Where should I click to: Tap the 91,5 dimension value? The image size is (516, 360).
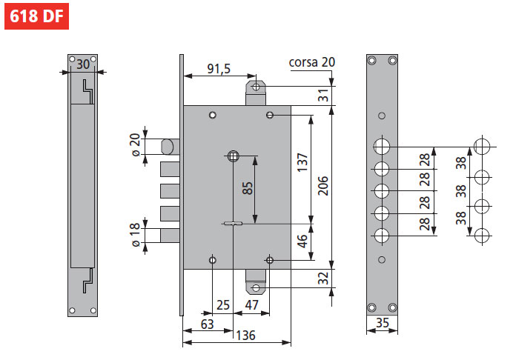point(219,69)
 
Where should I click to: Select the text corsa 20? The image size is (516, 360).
point(311,62)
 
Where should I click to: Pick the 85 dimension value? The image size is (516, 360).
point(248,189)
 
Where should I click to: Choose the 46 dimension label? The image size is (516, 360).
point(302,241)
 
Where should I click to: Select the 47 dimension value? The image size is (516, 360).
point(251,304)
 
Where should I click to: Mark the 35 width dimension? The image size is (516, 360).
point(383,322)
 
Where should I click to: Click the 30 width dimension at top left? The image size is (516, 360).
point(82,64)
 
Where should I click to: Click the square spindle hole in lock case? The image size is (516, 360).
point(234,156)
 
